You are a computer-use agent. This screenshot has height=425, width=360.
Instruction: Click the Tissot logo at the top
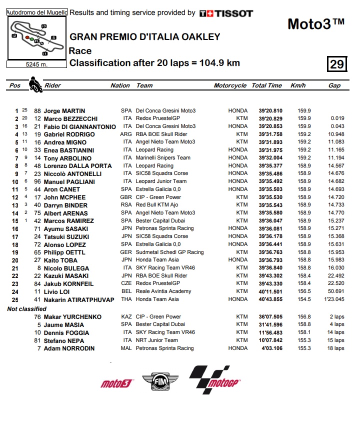pos(226,13)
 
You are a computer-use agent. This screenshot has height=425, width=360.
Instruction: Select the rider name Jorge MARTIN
pos(64,110)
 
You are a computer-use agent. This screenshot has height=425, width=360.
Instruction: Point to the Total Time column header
pos(266,85)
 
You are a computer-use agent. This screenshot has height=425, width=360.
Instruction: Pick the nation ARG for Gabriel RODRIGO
pos(126,134)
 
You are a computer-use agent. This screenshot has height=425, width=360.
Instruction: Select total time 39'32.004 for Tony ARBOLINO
pos(270,158)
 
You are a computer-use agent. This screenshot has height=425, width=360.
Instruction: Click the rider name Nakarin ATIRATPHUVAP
pos(79,299)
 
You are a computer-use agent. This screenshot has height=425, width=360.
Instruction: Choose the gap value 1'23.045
pos(333,299)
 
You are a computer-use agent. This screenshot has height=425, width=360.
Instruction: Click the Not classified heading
pos(26,309)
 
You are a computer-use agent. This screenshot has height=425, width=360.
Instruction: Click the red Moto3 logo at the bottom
pos(116,383)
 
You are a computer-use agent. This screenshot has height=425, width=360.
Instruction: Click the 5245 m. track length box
pos(36,64)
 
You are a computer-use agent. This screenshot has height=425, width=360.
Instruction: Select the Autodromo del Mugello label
pos(36,12)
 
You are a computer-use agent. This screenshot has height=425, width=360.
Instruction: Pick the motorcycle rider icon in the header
pos(34,84)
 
